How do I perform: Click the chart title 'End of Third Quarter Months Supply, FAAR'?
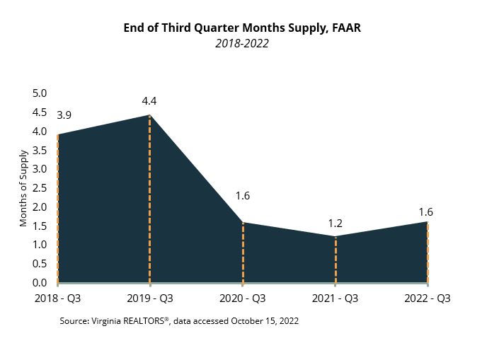[x=241, y=28]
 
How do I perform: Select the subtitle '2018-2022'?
[x=241, y=43]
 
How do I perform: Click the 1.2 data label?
[x=335, y=223]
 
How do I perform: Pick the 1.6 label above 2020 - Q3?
[x=243, y=196]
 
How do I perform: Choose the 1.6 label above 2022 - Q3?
[x=425, y=211]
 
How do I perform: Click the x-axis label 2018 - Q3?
[x=57, y=298]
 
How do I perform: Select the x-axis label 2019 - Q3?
[x=150, y=298]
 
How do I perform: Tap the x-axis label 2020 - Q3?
[x=243, y=298]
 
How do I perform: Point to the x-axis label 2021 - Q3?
[x=335, y=298]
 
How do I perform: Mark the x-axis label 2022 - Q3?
[x=427, y=298]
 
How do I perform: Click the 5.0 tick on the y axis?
[x=39, y=93]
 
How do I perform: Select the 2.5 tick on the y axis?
[x=39, y=188]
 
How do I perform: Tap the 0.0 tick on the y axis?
[x=39, y=283]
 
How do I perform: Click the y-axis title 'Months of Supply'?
[x=23, y=188]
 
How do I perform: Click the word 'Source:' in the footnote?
[x=76, y=321]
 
